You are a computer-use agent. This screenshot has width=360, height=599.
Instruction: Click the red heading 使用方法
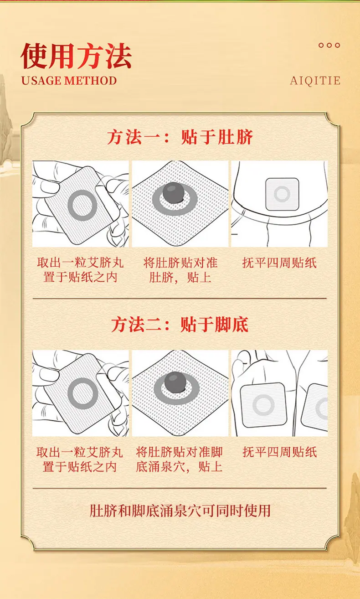pyautogui.click(x=76, y=57)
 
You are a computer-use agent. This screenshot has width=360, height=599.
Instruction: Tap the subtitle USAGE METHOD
pyautogui.click(x=69, y=81)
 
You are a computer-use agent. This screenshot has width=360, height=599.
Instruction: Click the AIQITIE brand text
pyautogui.click(x=315, y=81)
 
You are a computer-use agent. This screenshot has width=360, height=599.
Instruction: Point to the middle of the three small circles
pyautogui.click(x=329, y=45)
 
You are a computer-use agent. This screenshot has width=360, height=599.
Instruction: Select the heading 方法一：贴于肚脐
pyautogui.click(x=180, y=137)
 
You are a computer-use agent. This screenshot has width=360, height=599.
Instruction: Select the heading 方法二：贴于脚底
pyautogui.click(x=180, y=325)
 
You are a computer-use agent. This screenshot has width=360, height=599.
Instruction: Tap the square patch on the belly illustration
pyautogui.click(x=282, y=194)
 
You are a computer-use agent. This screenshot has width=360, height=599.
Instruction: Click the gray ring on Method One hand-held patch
pyautogui.click(x=82, y=205)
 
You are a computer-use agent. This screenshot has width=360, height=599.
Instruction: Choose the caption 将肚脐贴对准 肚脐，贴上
pyautogui.click(x=180, y=270)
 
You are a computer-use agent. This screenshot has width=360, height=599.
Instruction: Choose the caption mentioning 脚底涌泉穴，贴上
pyautogui.click(x=179, y=459)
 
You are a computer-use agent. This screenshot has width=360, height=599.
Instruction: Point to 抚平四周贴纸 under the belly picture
pyautogui.click(x=279, y=263)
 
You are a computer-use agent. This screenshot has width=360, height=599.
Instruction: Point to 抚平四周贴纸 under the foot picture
pyautogui.click(x=279, y=452)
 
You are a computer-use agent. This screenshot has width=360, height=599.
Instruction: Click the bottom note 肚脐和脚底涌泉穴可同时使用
pyautogui.click(x=180, y=511)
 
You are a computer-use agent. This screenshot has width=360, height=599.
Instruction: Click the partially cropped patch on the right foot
pyautogui.click(x=317, y=407)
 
